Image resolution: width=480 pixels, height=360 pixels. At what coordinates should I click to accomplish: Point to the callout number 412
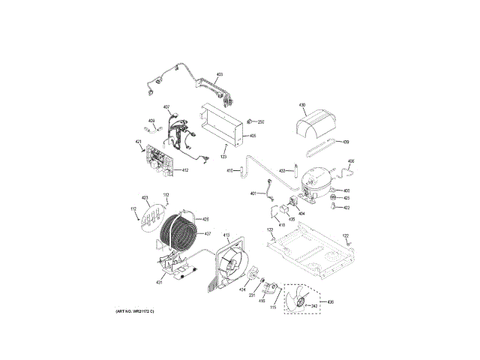pos(184,171)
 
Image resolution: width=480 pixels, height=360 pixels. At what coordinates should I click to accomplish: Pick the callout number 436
pos(331,301)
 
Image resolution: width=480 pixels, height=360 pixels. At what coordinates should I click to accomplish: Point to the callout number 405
pos(253,136)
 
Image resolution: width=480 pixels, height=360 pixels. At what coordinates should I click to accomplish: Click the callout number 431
pos(160,282)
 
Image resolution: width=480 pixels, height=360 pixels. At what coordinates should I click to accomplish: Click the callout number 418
pos(283,224)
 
